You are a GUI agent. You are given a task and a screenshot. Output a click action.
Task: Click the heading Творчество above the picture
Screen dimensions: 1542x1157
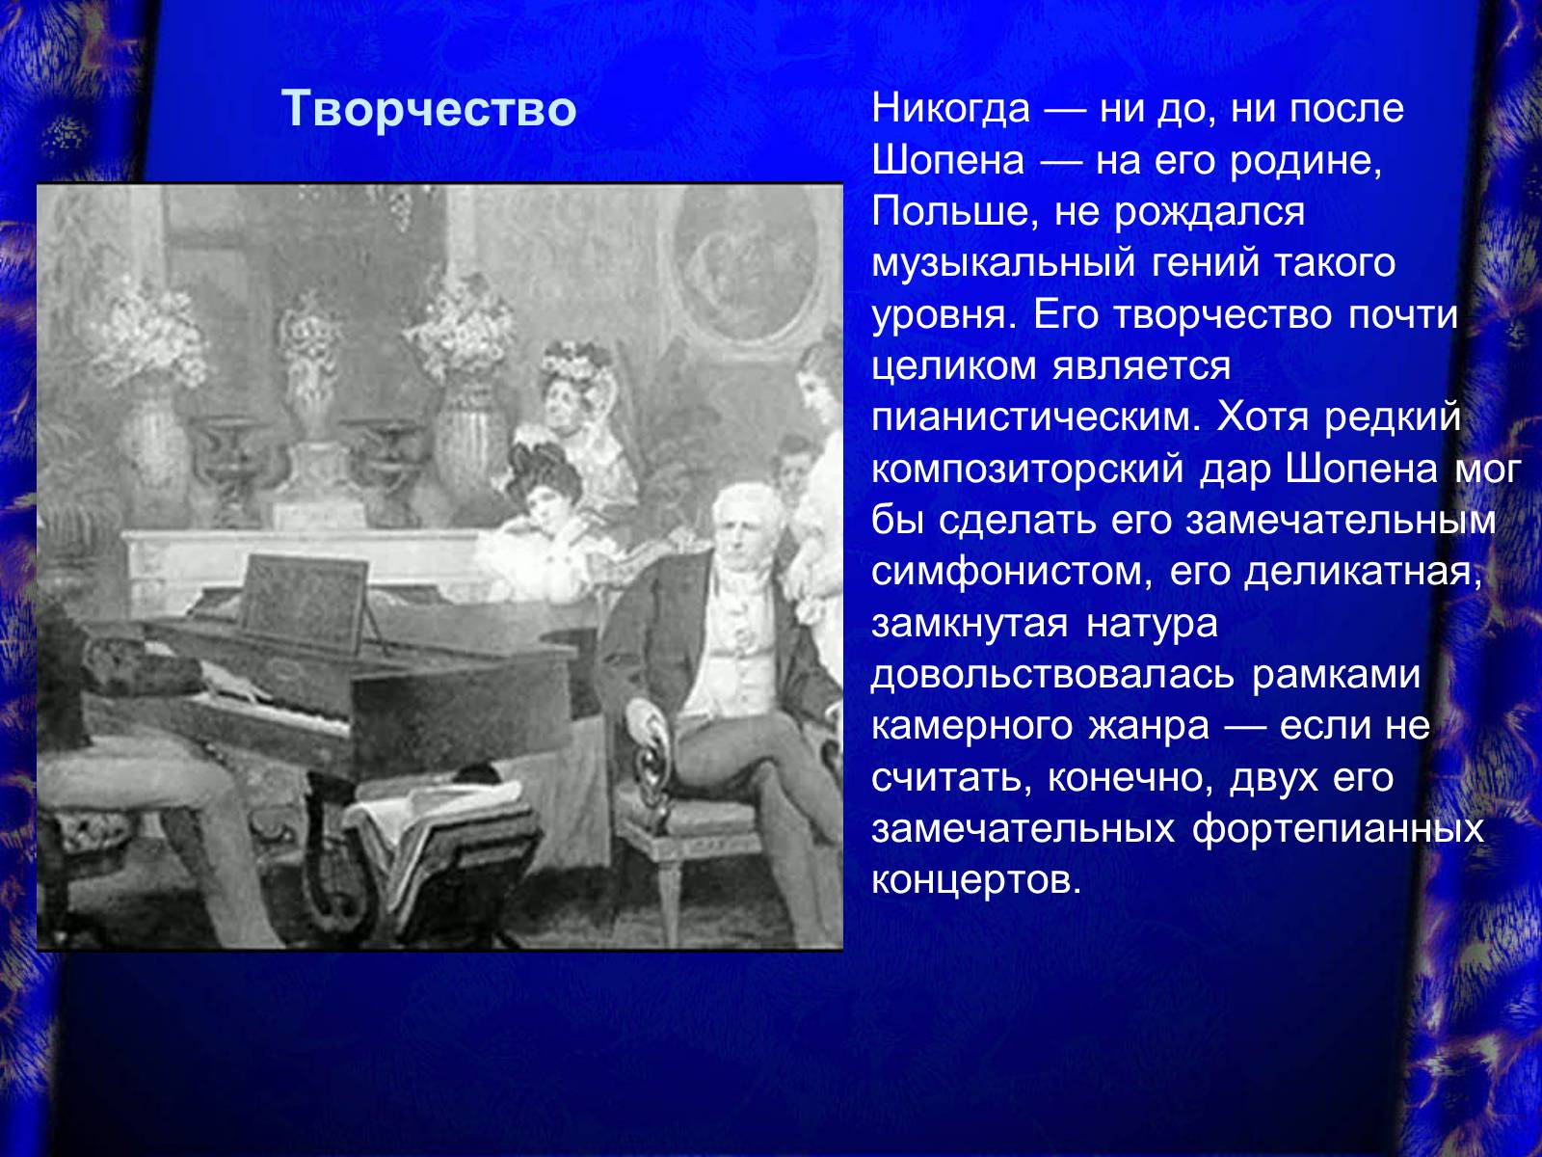[429, 109]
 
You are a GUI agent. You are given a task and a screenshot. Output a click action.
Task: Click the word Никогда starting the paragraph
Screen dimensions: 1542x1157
[950, 109]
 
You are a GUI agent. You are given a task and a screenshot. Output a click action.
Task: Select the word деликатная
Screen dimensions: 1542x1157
[1363, 572]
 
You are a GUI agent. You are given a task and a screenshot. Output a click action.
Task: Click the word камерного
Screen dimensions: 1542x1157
[971, 727]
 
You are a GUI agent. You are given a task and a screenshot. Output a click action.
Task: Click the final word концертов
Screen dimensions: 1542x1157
[975, 880]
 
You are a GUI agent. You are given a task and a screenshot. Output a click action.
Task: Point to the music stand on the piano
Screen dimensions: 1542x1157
[305, 602]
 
